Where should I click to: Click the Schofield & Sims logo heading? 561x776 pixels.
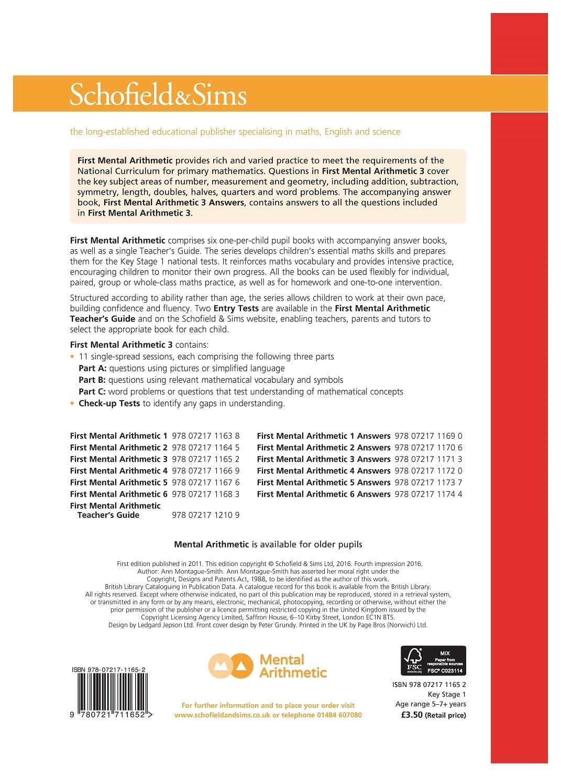click(x=158, y=95)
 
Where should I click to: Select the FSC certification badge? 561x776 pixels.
click(x=433, y=660)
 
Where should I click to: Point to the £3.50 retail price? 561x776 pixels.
click(x=411, y=715)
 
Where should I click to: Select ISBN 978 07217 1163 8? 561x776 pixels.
click(x=205, y=436)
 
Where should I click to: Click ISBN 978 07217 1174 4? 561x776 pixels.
click(x=428, y=494)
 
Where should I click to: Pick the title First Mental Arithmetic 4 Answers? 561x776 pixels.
click(x=323, y=471)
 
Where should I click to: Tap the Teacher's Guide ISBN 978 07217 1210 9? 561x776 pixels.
click(x=205, y=515)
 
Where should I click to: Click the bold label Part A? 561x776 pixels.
click(x=92, y=368)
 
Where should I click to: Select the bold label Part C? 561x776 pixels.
click(x=92, y=392)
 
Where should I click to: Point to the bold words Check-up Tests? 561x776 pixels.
click(x=109, y=403)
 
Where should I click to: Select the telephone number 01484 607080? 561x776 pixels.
click(x=339, y=715)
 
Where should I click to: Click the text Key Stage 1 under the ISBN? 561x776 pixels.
click(x=446, y=694)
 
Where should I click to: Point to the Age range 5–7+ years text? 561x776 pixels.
click(x=431, y=704)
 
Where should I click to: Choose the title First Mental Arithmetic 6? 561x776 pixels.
click(x=118, y=494)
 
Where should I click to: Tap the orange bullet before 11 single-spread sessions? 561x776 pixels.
click(x=72, y=357)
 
